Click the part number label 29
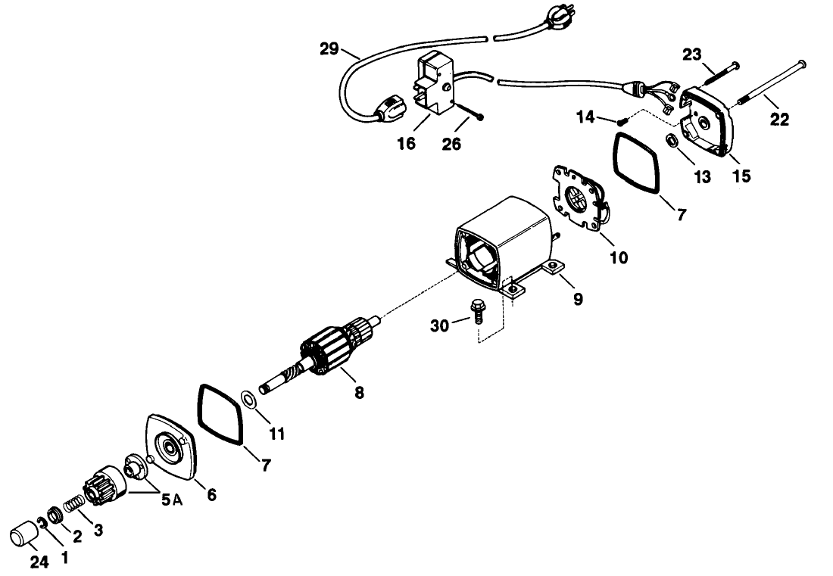[x=329, y=50]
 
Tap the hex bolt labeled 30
[x=477, y=310]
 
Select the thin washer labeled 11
[x=247, y=398]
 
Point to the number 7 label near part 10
[x=681, y=215]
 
